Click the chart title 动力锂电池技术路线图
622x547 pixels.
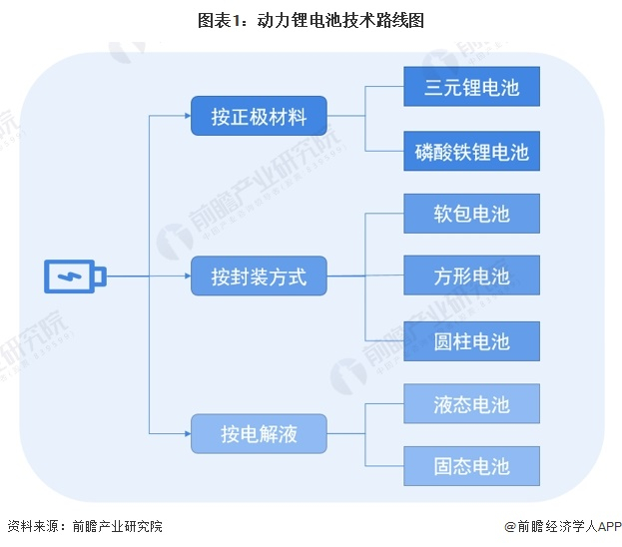[x=340, y=20]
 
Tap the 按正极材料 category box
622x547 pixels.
[x=259, y=116]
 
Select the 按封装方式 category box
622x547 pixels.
[x=259, y=275]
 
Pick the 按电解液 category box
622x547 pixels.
[x=259, y=433]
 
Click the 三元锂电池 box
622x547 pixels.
[x=471, y=87]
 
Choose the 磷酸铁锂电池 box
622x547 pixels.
[x=471, y=151]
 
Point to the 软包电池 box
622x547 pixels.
[x=471, y=214]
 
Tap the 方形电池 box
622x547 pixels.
[x=471, y=275]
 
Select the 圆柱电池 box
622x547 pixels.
[x=471, y=341]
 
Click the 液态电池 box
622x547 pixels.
[x=471, y=403]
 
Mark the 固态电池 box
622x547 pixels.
[x=471, y=466]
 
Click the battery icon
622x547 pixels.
[x=75, y=276]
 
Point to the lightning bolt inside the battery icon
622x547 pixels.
[x=70, y=276]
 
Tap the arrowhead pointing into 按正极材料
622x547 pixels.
[x=188, y=116]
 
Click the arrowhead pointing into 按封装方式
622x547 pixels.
[x=188, y=275]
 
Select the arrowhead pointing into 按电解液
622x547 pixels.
[x=188, y=433]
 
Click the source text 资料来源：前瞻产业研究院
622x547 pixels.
[x=85, y=526]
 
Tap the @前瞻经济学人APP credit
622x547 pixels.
[x=563, y=526]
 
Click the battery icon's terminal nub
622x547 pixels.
[x=101, y=276]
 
